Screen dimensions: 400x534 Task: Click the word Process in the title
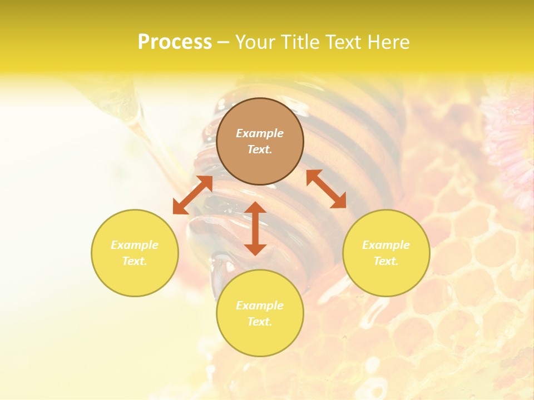tap(175, 42)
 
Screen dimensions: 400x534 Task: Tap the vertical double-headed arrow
tap(255, 228)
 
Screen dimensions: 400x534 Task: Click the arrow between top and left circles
tap(192, 195)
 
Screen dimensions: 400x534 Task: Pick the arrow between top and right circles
tap(326, 189)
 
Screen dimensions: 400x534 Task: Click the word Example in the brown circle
tap(260, 133)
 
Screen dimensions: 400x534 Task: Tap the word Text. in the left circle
tap(135, 261)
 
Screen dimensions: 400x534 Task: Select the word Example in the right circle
tap(386, 245)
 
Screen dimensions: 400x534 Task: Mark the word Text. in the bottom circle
tap(260, 322)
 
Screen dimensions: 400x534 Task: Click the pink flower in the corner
tap(512, 139)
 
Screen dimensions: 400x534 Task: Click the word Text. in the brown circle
tap(260, 149)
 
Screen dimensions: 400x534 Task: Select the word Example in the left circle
tap(135, 245)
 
